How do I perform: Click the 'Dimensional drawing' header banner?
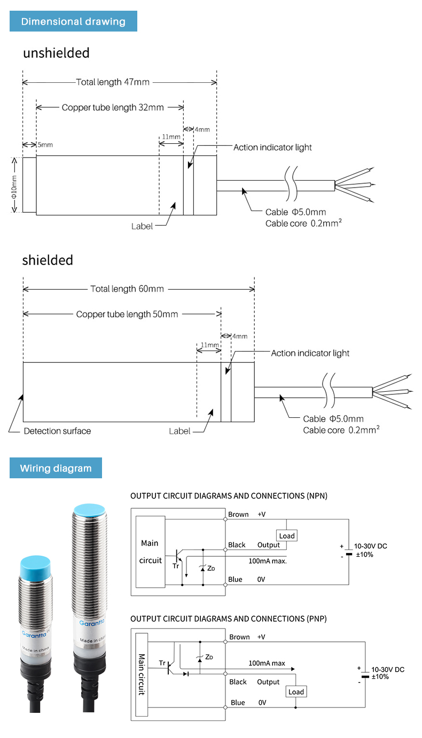pyautogui.click(x=73, y=21)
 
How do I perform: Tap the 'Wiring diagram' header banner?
pyautogui.click(x=56, y=468)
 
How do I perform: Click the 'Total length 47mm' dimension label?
pyautogui.click(x=113, y=82)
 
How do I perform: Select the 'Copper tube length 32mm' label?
pyautogui.click(x=113, y=107)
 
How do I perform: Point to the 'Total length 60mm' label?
pyautogui.click(x=127, y=289)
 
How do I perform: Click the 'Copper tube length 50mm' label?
pyautogui.click(x=127, y=314)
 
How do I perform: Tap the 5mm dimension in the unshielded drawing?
pyautogui.click(x=45, y=145)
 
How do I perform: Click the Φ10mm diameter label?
pyautogui.click(x=14, y=187)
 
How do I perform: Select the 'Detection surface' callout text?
pyautogui.click(x=57, y=431)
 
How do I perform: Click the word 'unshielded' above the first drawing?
pyautogui.click(x=56, y=53)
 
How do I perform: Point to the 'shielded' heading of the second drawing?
pyautogui.click(x=48, y=260)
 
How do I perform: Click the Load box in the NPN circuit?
pyautogui.click(x=287, y=535)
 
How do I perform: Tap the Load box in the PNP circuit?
pyautogui.click(x=296, y=692)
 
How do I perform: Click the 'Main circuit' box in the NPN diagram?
pyautogui.click(x=151, y=552)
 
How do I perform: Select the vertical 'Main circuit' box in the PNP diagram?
pyautogui.click(x=142, y=674)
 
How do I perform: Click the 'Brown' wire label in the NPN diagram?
pyautogui.click(x=238, y=514)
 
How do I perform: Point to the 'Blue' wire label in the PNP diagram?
pyautogui.click(x=238, y=702)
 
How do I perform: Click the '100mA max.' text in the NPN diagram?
pyautogui.click(x=268, y=561)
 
